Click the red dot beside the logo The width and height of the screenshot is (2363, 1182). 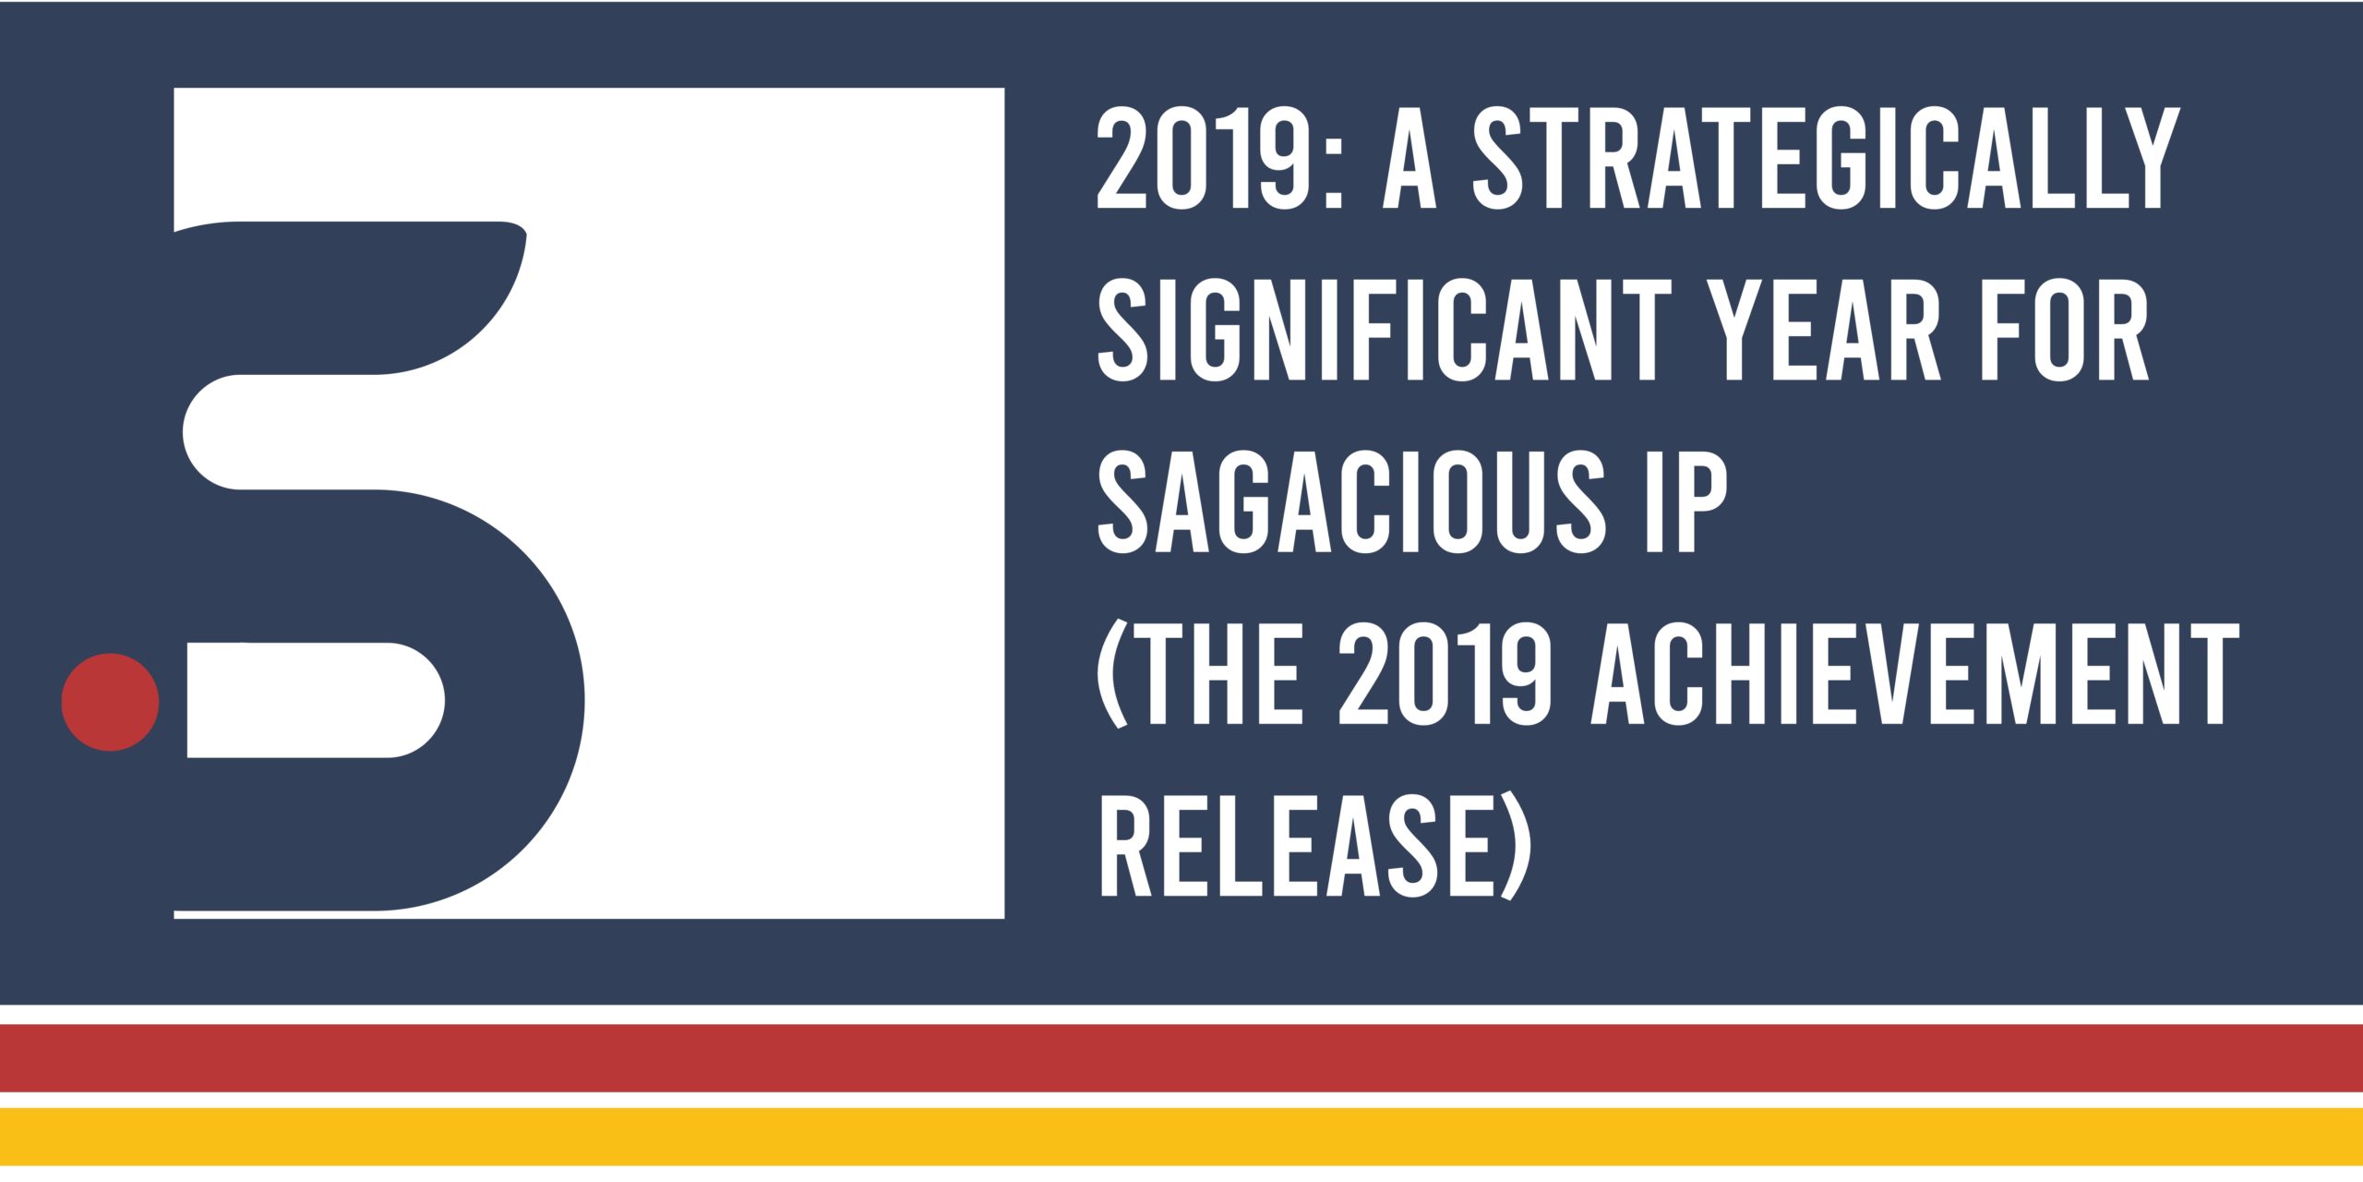coord(110,702)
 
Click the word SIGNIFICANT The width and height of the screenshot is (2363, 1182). coord(1385,331)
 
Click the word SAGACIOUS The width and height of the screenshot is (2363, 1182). coord(1352,503)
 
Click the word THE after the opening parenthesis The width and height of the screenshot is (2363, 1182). coord(1226,675)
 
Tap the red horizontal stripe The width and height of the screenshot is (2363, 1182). coord(1181,1058)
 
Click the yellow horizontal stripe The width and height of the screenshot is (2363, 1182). coord(1181,1137)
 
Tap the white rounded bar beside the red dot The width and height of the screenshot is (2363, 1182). coord(314,700)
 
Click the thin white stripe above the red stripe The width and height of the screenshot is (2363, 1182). coord(1181,1014)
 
